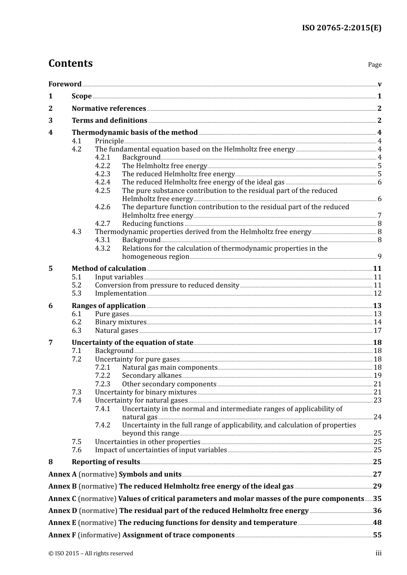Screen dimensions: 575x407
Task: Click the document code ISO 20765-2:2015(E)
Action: coord(341,28)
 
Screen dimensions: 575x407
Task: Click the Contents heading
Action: coord(70,63)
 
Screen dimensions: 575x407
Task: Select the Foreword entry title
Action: coord(65,84)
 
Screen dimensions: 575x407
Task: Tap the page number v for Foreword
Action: coord(380,84)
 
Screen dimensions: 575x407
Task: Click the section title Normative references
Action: coord(109,108)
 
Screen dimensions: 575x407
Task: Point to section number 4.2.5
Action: coord(102,190)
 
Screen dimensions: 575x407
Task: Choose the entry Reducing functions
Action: coord(153,223)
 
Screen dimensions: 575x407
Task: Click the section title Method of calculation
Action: coord(109,268)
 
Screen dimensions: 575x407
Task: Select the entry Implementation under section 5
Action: coord(120,293)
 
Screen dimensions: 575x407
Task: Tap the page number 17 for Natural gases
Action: coord(377,330)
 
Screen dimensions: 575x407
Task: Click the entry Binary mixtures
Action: coord(120,322)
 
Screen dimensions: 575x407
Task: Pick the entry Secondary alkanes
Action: coord(152,375)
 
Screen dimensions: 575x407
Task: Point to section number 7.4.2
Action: coord(102,425)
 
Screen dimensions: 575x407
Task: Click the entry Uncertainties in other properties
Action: coord(147,442)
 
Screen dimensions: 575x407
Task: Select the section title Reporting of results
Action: coord(106,462)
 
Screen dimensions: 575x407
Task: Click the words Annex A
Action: coord(63,474)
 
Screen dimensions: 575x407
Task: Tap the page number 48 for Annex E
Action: coord(377,522)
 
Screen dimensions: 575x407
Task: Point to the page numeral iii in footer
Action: coord(378,553)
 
